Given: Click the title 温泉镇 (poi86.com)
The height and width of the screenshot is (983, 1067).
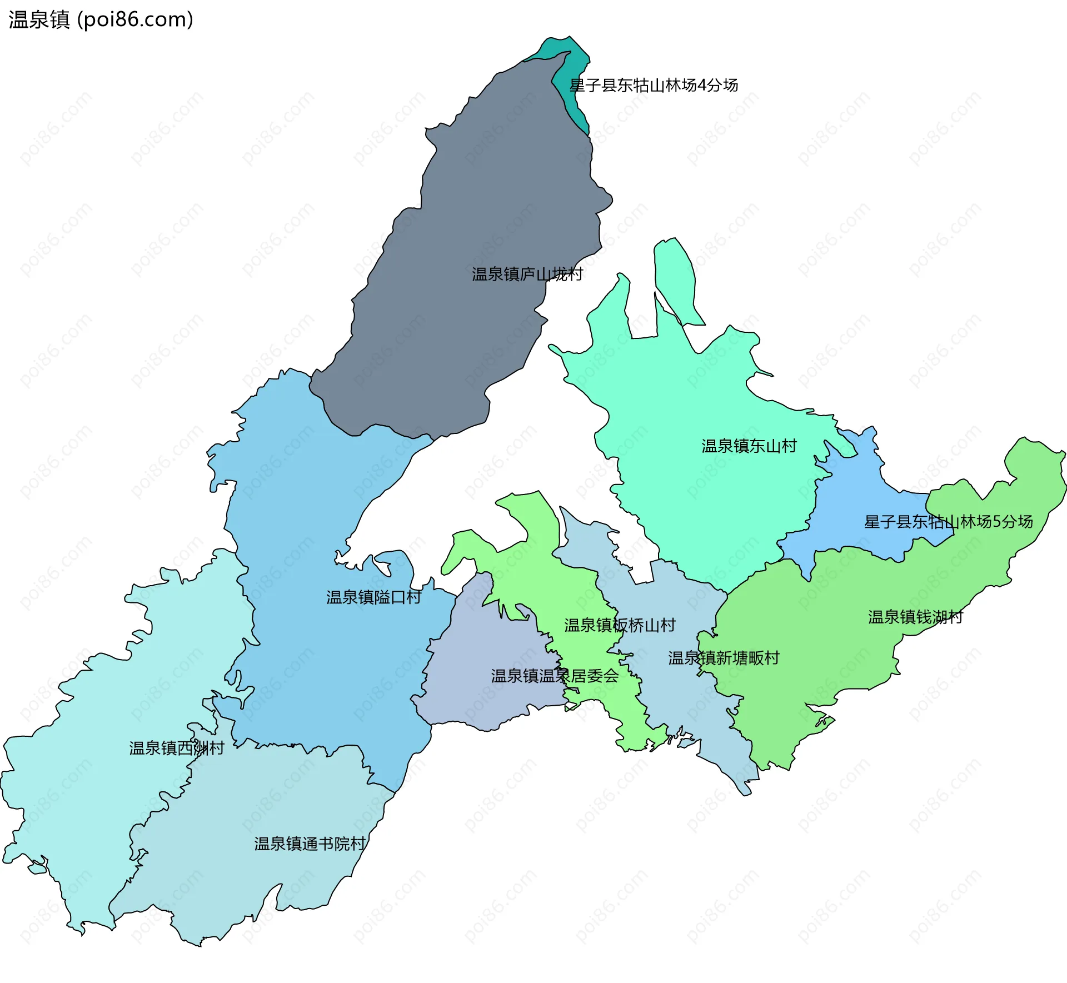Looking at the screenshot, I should [x=101, y=20].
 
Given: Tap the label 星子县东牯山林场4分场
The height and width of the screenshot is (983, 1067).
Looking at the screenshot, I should [x=654, y=85].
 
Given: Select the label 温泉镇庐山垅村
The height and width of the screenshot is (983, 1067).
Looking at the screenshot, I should [x=527, y=275].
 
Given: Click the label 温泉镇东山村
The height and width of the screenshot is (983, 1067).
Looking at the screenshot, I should [x=749, y=446].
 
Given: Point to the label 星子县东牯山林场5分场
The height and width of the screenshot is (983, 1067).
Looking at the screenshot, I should [x=948, y=522].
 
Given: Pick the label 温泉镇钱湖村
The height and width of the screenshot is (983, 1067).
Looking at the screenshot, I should [x=915, y=617].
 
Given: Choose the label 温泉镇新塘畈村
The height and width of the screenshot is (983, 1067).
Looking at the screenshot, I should [x=724, y=658].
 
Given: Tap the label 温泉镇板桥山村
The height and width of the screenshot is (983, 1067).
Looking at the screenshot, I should [x=620, y=626].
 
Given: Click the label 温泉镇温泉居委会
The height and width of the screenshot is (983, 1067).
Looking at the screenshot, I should [x=554, y=676].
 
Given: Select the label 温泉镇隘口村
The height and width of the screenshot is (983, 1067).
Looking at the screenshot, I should [x=373, y=597].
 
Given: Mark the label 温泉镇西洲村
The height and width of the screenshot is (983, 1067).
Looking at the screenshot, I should [x=176, y=749].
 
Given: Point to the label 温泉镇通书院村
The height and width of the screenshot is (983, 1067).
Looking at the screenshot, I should [x=310, y=844].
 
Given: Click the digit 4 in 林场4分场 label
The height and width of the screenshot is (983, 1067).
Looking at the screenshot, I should [x=701, y=85].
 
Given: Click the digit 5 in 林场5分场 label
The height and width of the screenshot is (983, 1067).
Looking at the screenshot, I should [x=996, y=522].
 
